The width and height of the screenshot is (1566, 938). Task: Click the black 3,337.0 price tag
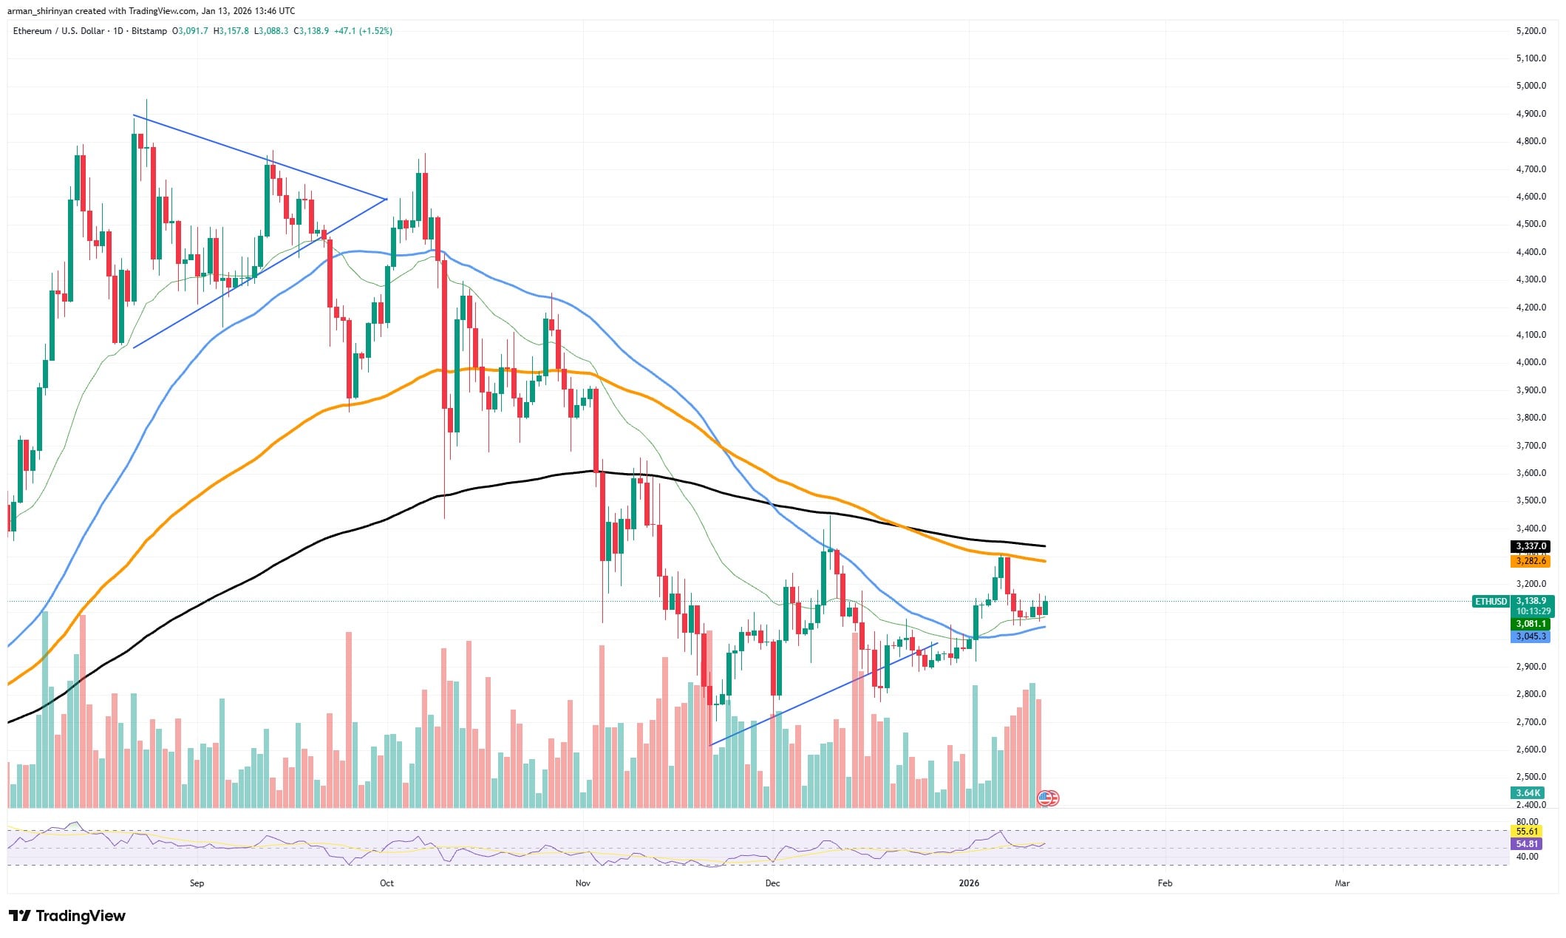1531,546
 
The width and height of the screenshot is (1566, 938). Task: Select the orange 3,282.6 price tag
1531,561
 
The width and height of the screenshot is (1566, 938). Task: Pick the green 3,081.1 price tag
1531,624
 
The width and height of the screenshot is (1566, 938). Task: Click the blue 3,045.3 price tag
1531,636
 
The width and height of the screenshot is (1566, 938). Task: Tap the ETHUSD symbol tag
1490,602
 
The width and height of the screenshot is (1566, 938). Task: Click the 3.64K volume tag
1528,793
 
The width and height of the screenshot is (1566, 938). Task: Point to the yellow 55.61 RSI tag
1527,832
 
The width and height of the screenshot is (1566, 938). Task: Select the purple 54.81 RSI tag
1527,844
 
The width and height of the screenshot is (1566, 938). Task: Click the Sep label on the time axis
197,883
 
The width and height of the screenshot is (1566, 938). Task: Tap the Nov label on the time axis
583,883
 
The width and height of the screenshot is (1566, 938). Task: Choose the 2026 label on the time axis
968,883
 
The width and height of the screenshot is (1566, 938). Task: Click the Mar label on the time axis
1342,883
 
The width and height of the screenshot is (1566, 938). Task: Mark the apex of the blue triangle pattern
386,199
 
